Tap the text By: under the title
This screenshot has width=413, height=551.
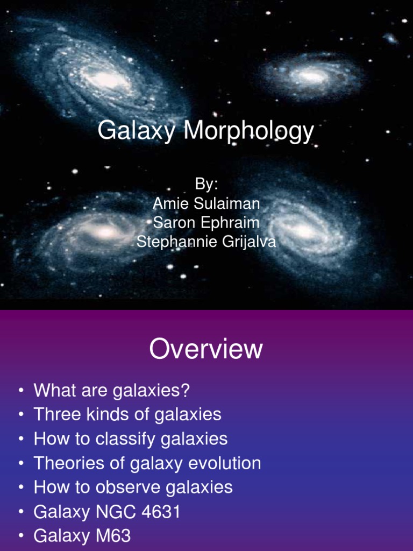(x=206, y=184)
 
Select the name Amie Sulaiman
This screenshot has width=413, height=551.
(x=206, y=203)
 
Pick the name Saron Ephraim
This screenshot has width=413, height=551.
(x=206, y=223)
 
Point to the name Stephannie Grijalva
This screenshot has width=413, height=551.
(x=206, y=242)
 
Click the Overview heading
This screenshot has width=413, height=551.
(x=206, y=350)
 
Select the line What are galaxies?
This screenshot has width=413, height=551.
(x=112, y=391)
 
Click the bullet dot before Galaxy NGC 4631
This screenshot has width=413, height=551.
(x=20, y=512)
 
